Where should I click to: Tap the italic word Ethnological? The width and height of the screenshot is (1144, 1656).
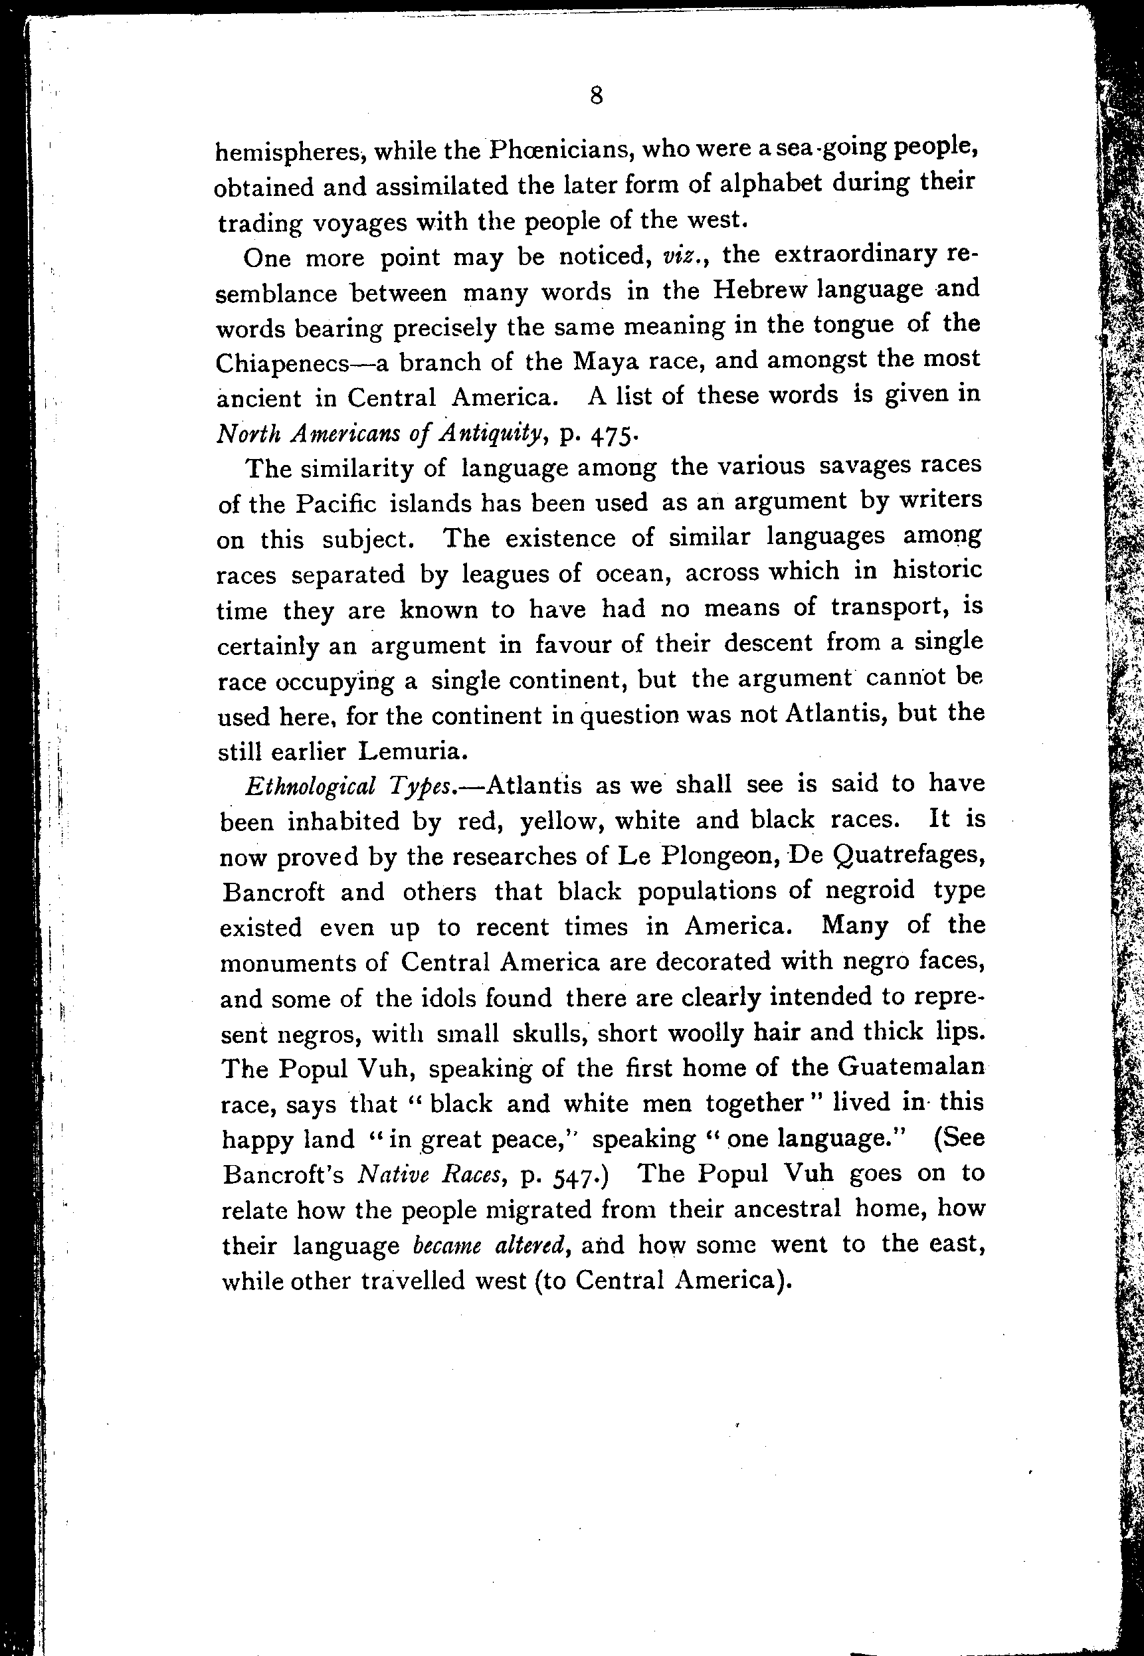(310, 786)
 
